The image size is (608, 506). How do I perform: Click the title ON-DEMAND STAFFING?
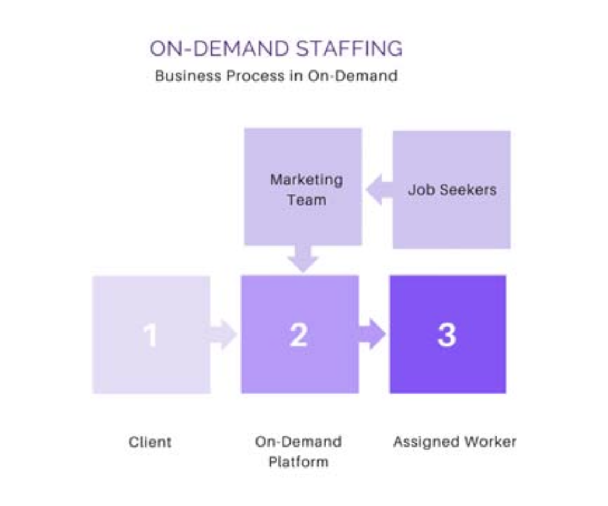[276, 48]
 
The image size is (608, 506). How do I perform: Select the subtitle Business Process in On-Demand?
[276, 75]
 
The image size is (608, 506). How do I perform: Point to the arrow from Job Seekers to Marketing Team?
[379, 190]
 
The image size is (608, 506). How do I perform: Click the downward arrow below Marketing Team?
[303, 258]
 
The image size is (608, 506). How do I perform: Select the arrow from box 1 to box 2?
[222, 334]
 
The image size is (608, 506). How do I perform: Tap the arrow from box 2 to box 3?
[373, 334]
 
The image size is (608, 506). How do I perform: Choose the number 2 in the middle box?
[298, 335]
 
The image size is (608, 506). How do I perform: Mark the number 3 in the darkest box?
[446, 335]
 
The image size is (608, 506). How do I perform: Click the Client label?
[150, 442]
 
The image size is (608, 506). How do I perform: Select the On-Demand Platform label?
[298, 451]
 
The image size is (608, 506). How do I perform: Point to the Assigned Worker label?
[454, 442]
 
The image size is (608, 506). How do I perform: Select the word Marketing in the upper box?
[306, 180]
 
